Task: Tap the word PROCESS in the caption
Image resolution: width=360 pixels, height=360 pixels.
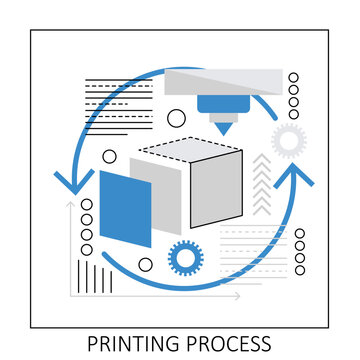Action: tap(227, 344)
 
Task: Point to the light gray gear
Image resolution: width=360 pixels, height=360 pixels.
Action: tap(288, 138)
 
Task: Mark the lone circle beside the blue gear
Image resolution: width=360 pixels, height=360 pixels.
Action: tap(146, 265)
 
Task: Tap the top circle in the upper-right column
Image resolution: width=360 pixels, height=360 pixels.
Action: tap(293, 77)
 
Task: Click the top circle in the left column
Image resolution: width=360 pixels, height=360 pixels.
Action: tap(86, 205)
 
